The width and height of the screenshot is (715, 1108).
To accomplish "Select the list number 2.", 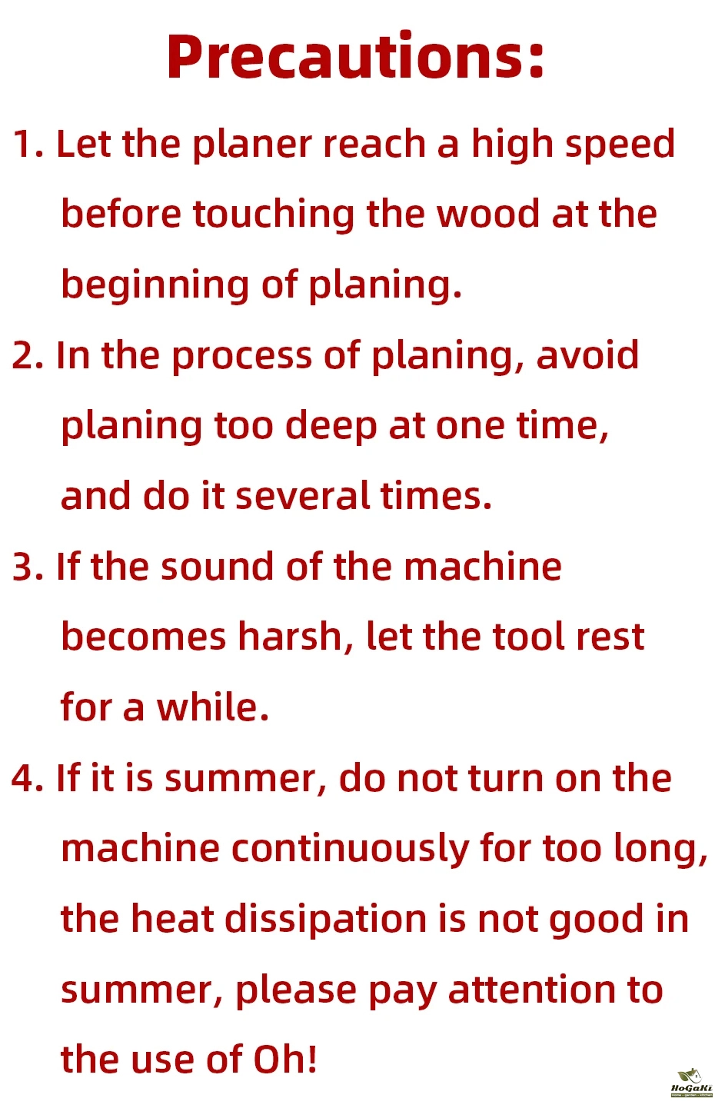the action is pyautogui.click(x=28, y=355).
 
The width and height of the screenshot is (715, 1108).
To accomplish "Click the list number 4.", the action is pyautogui.click(x=28, y=778).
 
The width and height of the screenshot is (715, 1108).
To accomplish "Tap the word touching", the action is pyautogui.click(x=274, y=215).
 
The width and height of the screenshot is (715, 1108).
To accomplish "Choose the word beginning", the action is pyautogui.click(x=155, y=286).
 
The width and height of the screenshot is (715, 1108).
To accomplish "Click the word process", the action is pyautogui.click(x=242, y=357).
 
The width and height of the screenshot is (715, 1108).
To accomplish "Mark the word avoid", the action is pyautogui.click(x=587, y=355).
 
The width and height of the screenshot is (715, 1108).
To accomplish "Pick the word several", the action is pyautogui.click(x=302, y=495).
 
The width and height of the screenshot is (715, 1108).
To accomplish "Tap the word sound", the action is pyautogui.click(x=217, y=567).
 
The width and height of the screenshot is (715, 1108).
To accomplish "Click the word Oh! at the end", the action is pyautogui.click(x=284, y=1060).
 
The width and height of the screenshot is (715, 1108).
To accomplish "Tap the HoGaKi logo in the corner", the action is pyautogui.click(x=690, y=1083).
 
